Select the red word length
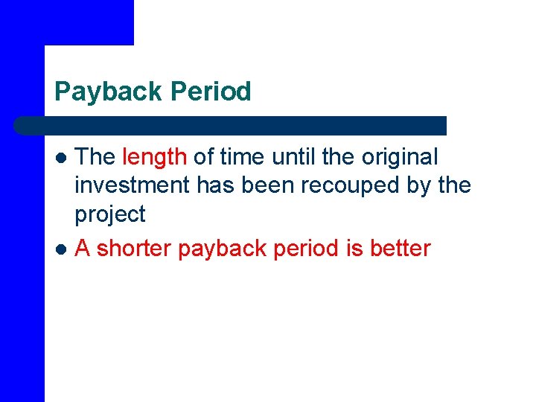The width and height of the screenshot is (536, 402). [154, 157]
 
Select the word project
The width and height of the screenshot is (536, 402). [109, 214]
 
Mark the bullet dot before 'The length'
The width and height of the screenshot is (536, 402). [62, 158]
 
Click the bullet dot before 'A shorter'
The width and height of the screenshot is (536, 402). [62, 249]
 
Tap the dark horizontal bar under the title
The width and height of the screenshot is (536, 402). [231, 125]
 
